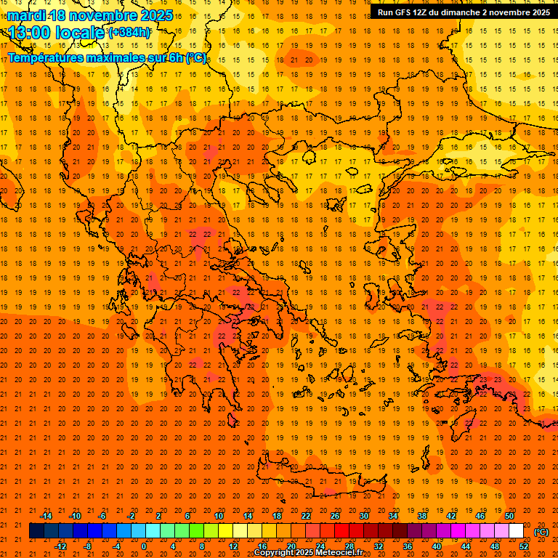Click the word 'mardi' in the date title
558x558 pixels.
click(x=25, y=15)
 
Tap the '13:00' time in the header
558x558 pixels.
click(x=29, y=33)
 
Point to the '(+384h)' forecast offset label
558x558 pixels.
click(x=129, y=32)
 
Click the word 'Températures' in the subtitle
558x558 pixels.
click(x=46, y=57)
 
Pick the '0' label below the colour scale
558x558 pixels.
click(x=144, y=546)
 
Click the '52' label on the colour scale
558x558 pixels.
click(x=524, y=546)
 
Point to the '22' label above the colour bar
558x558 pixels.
click(x=306, y=516)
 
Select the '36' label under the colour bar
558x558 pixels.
click(x=408, y=546)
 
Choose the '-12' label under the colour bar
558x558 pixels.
click(x=60, y=546)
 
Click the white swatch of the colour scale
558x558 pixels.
click(x=516, y=531)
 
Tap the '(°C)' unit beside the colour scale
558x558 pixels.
click(x=541, y=532)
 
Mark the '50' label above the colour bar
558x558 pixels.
click(x=509, y=516)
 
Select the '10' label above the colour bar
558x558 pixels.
click(x=219, y=516)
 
